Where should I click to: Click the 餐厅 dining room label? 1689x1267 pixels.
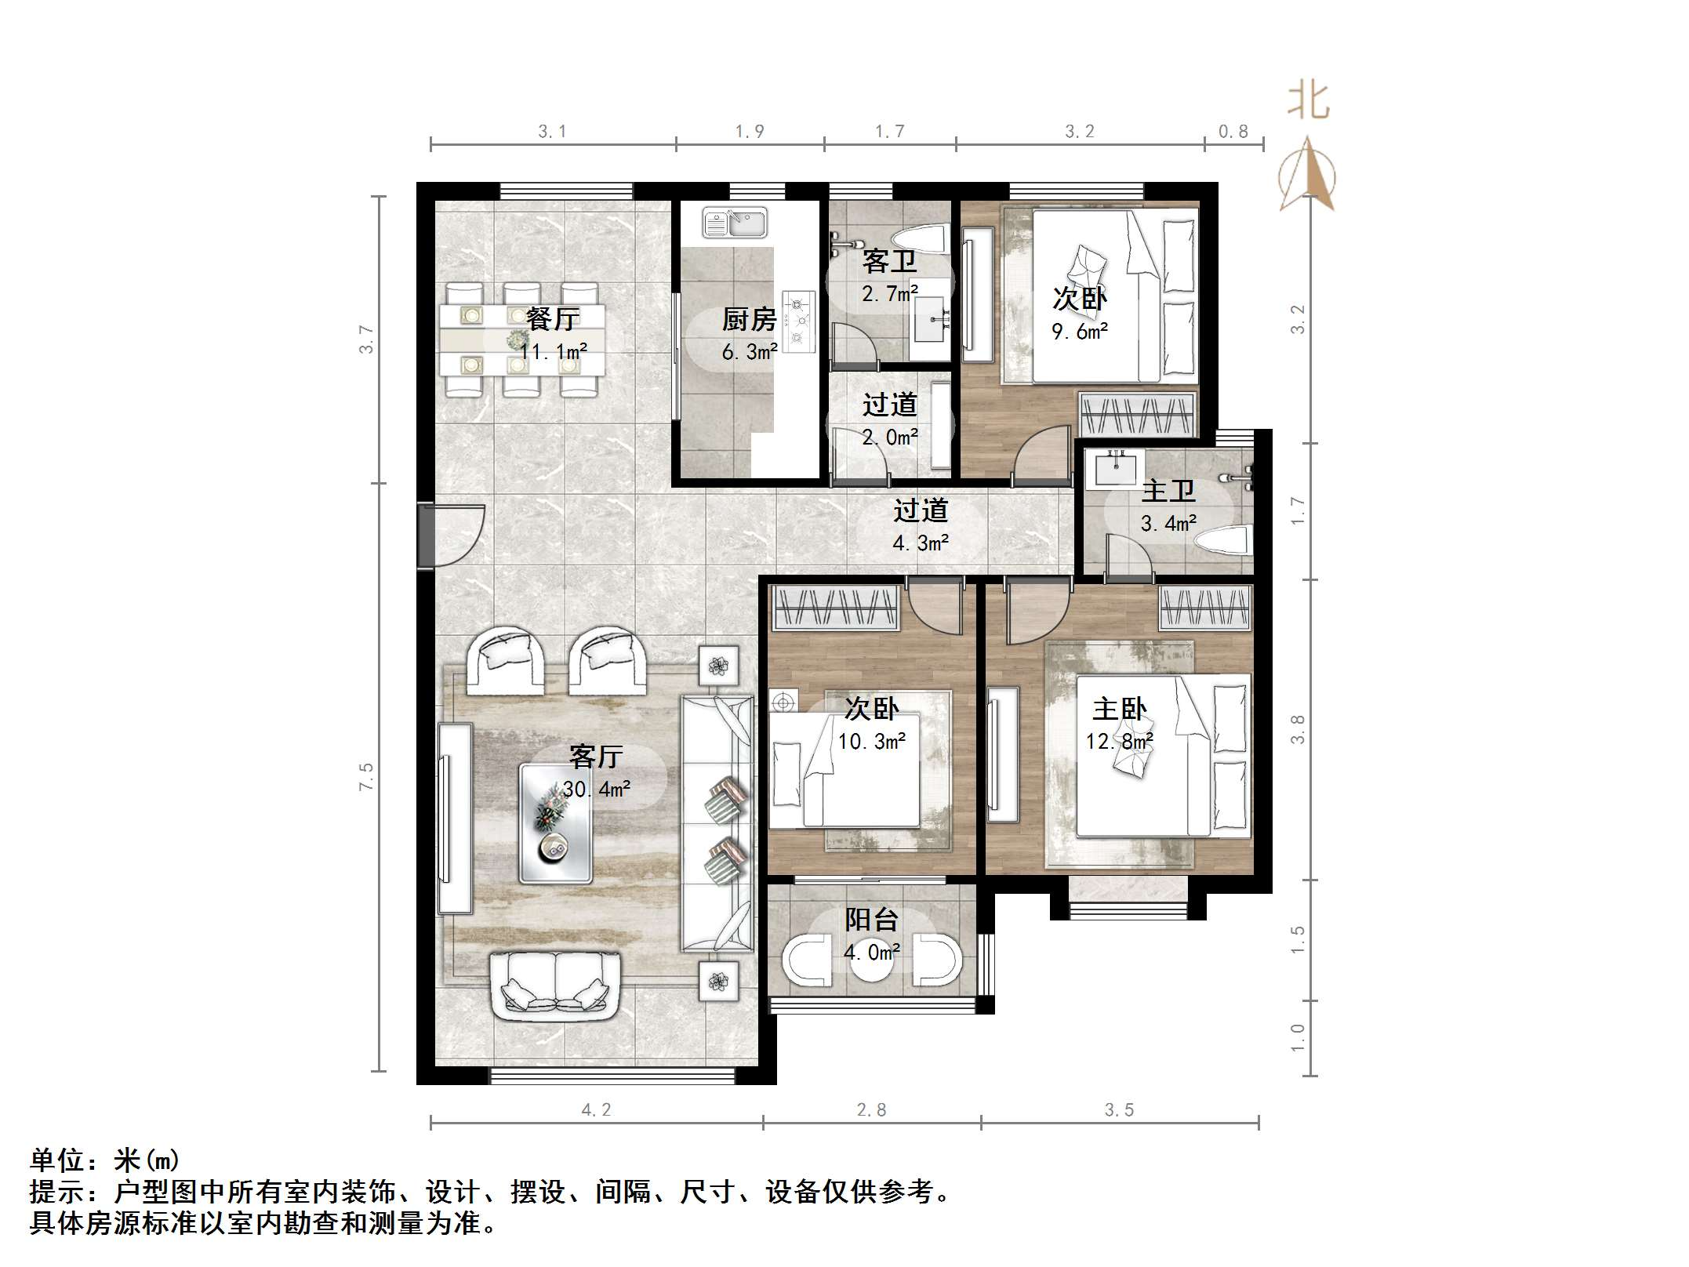click(553, 319)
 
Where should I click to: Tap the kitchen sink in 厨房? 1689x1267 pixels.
click(735, 222)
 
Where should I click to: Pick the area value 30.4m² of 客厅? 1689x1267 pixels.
click(597, 789)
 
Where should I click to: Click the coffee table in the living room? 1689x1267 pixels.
click(555, 824)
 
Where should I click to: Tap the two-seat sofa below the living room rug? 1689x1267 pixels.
click(555, 986)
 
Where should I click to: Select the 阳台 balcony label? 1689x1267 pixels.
click(871, 919)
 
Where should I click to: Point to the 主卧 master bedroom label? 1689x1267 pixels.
click(1119, 710)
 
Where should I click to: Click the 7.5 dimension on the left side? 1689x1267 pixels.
click(366, 776)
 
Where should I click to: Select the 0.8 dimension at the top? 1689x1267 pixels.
click(1233, 132)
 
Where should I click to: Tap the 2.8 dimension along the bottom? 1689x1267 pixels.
click(871, 1109)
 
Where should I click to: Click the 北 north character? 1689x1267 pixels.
click(1308, 102)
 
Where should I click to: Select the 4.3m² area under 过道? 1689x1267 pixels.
click(921, 543)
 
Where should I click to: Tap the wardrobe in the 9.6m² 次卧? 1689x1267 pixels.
click(1137, 413)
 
